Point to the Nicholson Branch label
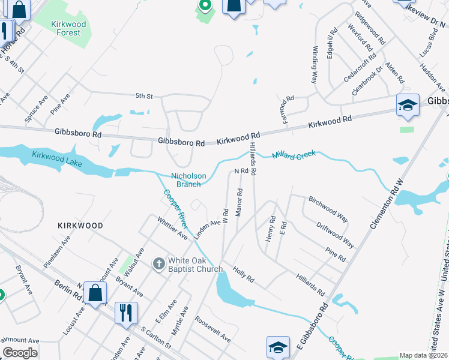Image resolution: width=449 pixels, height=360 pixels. (189, 180)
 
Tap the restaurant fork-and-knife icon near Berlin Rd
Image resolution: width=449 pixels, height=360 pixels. (126, 312)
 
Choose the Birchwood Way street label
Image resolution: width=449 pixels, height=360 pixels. (328, 208)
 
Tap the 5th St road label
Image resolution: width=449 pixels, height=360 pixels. (144, 96)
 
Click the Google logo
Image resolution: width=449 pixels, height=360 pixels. (20, 353)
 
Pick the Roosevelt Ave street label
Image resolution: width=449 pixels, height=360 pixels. (212, 330)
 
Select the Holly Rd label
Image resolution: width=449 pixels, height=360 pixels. (244, 275)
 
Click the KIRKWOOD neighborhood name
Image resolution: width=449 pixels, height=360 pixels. (80, 226)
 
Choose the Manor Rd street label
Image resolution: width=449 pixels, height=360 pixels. (239, 203)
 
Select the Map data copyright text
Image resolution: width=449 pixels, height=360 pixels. (423, 355)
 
